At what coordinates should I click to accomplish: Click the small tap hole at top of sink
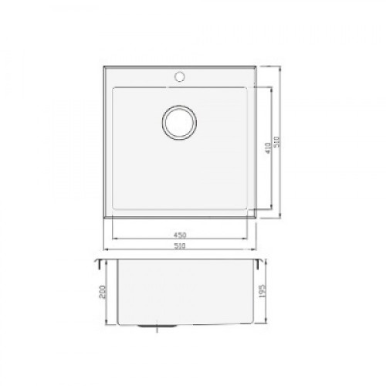point(181,77)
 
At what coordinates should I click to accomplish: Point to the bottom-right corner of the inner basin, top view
point(249,211)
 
